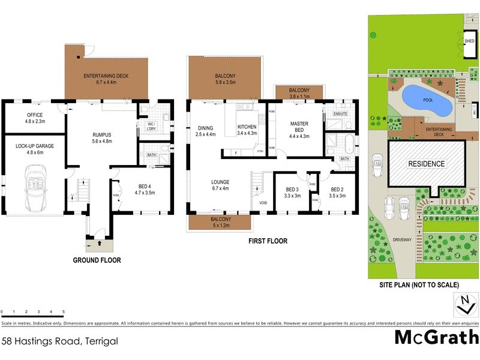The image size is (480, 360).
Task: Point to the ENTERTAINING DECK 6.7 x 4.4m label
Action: coord(107,79)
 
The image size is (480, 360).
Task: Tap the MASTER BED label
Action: coord(299,128)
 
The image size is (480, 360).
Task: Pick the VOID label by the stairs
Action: coord(262,202)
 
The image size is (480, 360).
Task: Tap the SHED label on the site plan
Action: coord(469,41)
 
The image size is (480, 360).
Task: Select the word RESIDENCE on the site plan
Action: coord(427,164)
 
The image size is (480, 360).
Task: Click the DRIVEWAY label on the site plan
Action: coord(402,239)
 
